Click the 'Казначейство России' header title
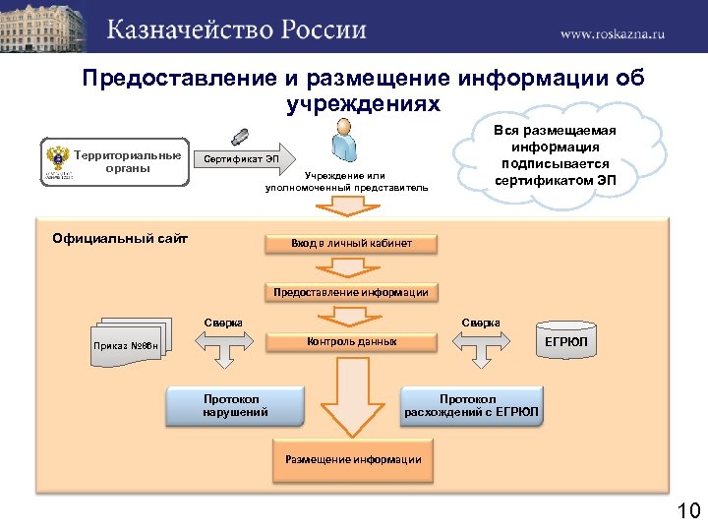236,29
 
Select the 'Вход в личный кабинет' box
351,243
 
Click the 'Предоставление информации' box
351,292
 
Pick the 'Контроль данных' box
351,342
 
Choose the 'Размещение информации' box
352,459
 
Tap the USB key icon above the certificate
239,136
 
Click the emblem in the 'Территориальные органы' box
56,162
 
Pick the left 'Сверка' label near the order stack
223,323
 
